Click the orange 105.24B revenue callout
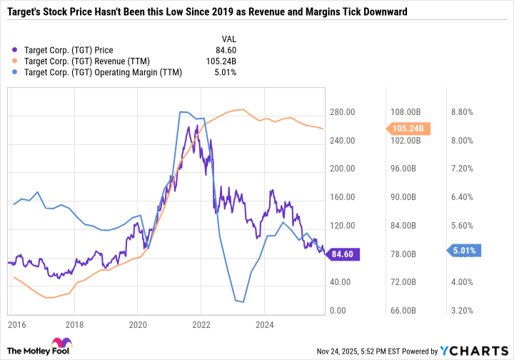click(x=408, y=129)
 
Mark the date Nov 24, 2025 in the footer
click(x=338, y=351)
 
